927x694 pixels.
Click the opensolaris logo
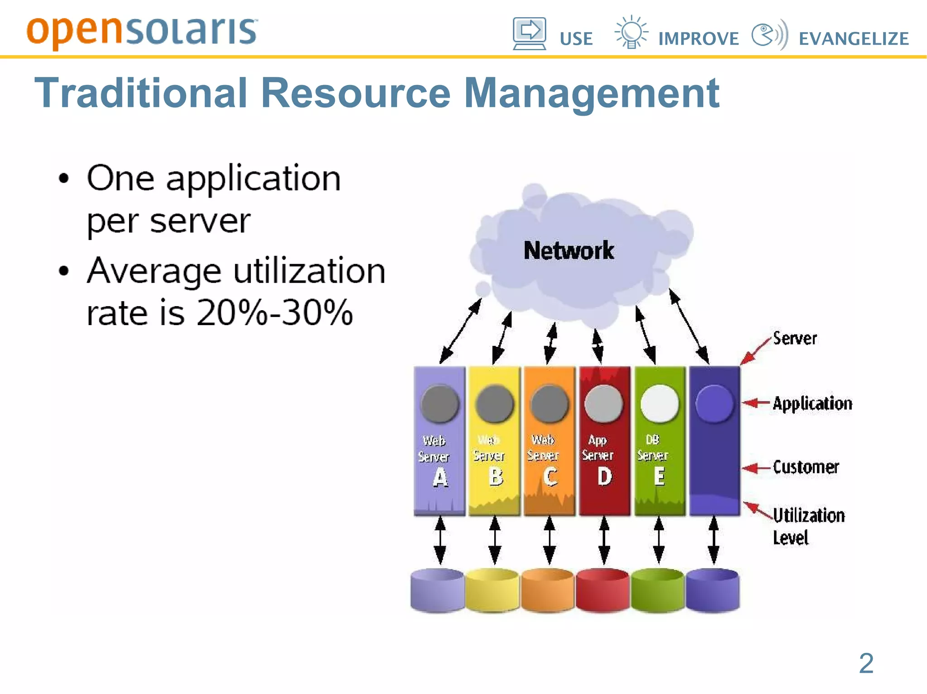coord(142,32)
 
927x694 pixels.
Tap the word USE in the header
coord(576,39)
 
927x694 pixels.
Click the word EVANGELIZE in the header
coord(854,39)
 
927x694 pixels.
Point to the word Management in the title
coord(592,94)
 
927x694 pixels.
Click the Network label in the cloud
coord(569,250)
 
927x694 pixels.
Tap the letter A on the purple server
coord(440,477)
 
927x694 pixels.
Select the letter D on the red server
coord(604,477)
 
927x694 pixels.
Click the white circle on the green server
coord(659,403)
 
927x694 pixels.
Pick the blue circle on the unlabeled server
coord(714,404)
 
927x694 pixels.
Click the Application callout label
coord(812,403)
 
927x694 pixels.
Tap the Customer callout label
coord(806,467)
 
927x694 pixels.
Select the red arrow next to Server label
coord(755,351)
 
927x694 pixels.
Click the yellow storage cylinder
coord(492,590)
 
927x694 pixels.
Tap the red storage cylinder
coord(602,590)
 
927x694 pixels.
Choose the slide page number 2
coord(866,663)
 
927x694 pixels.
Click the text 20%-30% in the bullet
coord(274,312)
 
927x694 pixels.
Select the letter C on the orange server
coord(550,477)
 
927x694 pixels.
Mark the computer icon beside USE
coord(529,33)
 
